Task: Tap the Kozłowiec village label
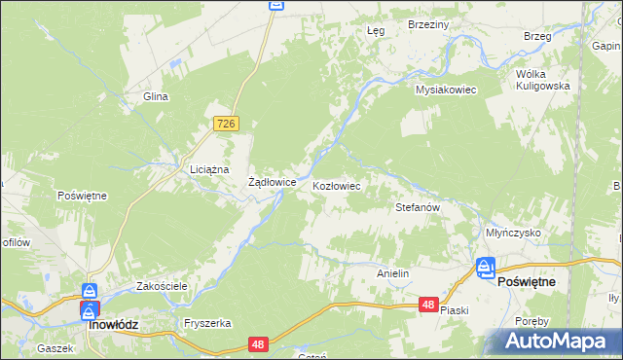(x=337, y=185)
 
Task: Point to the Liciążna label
(x=209, y=169)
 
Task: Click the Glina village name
(x=156, y=96)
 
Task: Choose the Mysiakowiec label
(x=445, y=90)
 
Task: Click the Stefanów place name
(x=419, y=207)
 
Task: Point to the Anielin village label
(x=392, y=274)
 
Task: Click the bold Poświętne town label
(x=527, y=281)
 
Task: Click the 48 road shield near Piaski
(x=428, y=305)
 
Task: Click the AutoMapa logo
(x=557, y=341)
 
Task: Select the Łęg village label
(x=376, y=30)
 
